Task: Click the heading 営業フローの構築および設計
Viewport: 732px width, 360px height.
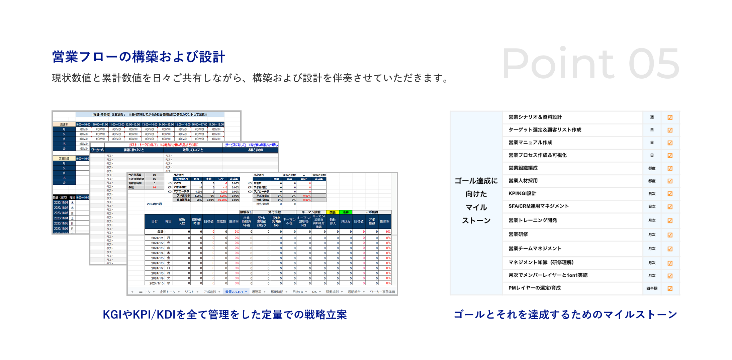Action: point(139,57)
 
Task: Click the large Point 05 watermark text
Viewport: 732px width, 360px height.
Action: point(590,64)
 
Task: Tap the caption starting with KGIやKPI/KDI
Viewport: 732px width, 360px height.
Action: point(224,314)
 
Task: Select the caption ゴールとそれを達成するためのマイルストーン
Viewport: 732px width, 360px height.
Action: point(565,314)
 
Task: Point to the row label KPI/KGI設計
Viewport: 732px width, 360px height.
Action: point(522,193)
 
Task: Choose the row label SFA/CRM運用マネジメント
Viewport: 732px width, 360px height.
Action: point(538,206)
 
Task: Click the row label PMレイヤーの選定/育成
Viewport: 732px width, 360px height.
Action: point(534,288)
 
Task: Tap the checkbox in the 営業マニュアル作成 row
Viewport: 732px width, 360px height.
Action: point(670,143)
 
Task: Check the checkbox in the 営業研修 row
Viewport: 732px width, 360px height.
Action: point(670,235)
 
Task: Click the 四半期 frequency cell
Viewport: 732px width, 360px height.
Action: point(652,288)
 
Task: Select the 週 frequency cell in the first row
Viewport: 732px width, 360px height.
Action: point(652,117)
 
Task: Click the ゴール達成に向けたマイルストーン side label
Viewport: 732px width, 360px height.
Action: point(476,201)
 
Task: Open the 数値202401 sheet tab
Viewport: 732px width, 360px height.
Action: point(234,292)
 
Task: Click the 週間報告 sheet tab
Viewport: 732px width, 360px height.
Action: point(354,292)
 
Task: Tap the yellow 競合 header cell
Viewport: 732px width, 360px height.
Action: point(332,212)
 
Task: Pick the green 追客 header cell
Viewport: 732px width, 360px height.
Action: point(345,212)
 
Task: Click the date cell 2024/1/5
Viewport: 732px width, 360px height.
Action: point(157,258)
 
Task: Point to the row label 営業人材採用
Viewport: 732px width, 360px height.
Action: point(523,181)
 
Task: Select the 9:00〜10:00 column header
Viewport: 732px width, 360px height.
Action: point(83,124)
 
